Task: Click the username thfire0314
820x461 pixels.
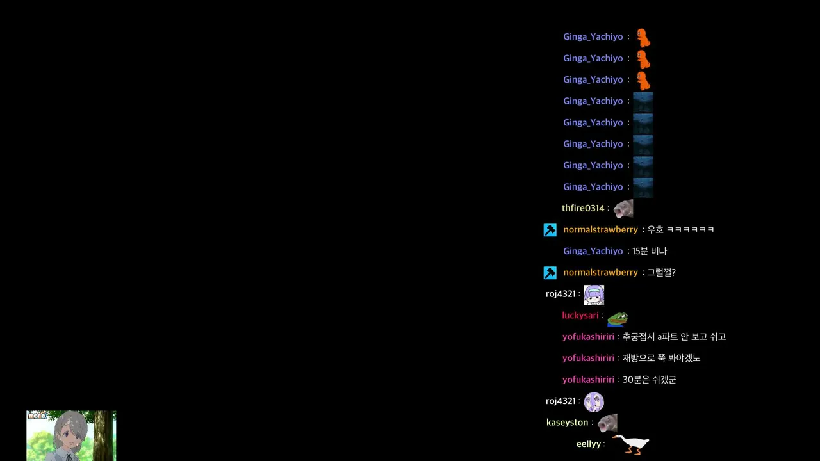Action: coord(583,208)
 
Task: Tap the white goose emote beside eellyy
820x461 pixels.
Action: coord(631,444)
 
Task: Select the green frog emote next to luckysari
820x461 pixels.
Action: coord(618,319)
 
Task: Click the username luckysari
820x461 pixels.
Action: coord(580,316)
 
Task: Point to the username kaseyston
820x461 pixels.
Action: coord(567,423)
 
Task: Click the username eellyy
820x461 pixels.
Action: coord(588,444)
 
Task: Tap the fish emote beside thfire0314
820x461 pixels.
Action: coord(623,209)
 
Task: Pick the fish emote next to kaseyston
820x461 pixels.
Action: coord(607,423)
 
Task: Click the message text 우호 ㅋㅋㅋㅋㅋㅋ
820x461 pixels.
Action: coord(680,229)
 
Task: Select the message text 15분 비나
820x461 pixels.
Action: coord(650,251)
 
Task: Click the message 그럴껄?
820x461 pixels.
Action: coord(662,273)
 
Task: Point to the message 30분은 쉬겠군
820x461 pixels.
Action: coord(650,380)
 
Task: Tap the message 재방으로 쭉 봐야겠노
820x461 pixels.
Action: coord(662,358)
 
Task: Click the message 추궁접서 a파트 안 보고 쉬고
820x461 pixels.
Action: coord(675,337)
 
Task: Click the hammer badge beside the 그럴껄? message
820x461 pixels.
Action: coord(550,273)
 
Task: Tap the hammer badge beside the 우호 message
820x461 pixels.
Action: coord(550,230)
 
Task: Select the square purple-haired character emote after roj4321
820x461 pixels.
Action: coord(594,295)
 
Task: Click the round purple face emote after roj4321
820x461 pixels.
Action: coord(594,401)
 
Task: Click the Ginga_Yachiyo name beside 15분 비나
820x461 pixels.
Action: coord(593,251)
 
